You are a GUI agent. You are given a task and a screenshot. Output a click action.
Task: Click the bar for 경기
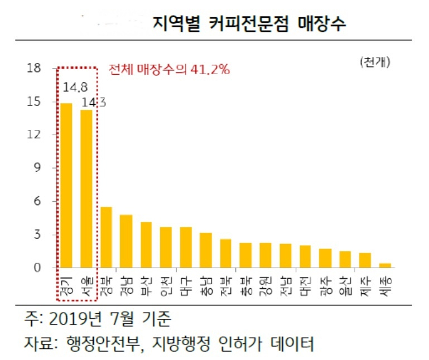tap(66, 186)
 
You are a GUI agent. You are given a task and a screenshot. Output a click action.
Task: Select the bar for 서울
tap(86, 188)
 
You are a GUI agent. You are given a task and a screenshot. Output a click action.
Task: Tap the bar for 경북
tap(106, 237)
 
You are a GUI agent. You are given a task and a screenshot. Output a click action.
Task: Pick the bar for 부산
tap(146, 245)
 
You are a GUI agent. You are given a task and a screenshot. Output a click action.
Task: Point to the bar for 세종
tap(385, 265)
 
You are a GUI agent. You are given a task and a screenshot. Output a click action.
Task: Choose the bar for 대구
tap(186, 247)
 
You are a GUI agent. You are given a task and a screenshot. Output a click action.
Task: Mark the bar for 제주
tap(365, 260)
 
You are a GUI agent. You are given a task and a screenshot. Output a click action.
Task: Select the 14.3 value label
tap(94, 103)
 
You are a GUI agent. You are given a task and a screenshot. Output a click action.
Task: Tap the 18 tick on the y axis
tap(33, 68)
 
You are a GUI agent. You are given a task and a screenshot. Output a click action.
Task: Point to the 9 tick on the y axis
tap(37, 167)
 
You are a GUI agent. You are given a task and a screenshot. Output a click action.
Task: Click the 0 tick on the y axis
tap(37, 267)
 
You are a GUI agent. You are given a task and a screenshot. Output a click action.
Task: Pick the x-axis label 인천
tap(166, 286)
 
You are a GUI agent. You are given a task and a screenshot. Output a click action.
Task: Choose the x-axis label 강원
tap(266, 286)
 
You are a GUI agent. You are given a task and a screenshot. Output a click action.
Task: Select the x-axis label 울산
tap(345, 286)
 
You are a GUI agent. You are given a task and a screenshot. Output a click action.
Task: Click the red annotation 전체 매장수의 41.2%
tap(169, 70)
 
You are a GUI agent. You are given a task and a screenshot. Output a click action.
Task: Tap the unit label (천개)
tap(375, 62)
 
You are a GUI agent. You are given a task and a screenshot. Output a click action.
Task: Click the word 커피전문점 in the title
tap(249, 24)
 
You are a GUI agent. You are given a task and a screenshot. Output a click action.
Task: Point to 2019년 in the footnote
tap(75, 319)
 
